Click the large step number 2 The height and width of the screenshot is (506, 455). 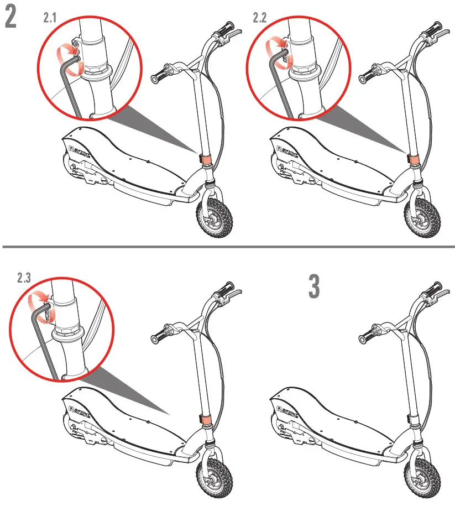tap(11, 18)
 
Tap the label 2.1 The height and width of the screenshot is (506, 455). tap(50, 18)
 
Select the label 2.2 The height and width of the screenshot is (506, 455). tap(260, 18)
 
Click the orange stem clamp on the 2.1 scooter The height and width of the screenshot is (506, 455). tap(205, 158)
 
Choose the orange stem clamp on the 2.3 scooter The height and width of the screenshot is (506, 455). tap(205, 418)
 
